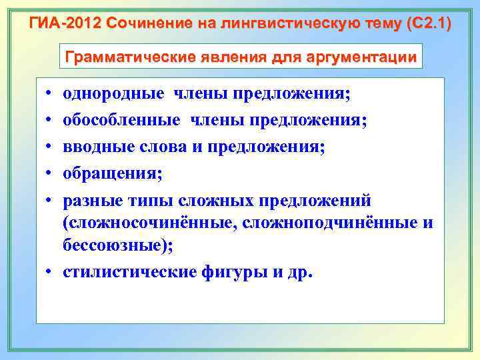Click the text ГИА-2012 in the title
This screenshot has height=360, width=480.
point(65,25)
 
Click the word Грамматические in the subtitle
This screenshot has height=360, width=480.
point(129,57)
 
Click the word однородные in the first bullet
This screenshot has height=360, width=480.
point(113,93)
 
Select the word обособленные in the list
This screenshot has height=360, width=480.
point(121,120)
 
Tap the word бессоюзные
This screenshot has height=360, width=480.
point(114,245)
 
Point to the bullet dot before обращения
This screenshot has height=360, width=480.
point(51,174)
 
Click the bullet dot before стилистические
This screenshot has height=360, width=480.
point(51,273)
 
